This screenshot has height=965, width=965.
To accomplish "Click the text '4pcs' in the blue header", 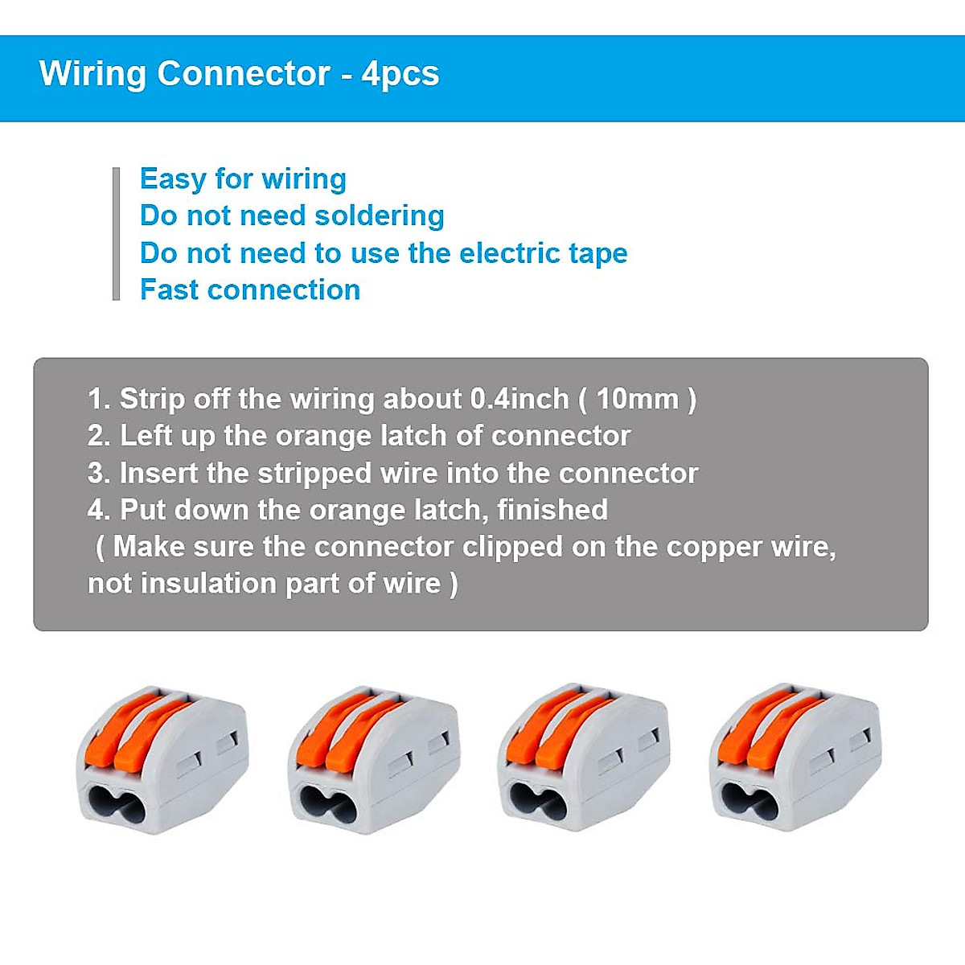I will tap(400, 74).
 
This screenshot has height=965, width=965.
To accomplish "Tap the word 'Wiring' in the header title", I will tap(92, 74).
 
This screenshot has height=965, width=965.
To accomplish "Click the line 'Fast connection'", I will tap(249, 289).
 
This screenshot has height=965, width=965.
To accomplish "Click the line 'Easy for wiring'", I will tap(243, 179).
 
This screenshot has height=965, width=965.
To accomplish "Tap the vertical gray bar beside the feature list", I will tap(117, 234).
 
